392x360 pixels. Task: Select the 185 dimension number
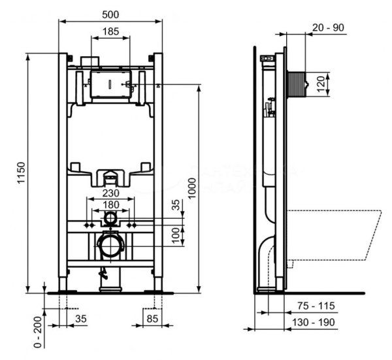110,31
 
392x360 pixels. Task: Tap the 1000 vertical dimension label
191,187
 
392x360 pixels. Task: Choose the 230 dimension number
110,193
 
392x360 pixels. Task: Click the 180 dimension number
110,205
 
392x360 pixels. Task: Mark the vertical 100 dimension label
176,235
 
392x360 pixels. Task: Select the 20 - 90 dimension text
328,27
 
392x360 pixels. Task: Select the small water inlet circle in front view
110,217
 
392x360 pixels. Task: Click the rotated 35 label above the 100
176,205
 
